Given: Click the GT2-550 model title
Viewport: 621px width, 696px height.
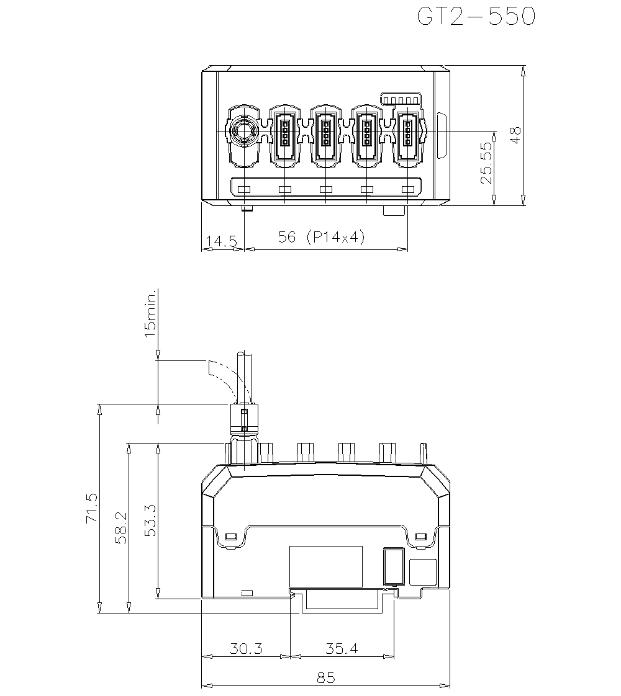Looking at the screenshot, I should click(476, 17).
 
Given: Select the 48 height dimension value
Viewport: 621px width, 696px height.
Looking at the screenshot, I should click(515, 135).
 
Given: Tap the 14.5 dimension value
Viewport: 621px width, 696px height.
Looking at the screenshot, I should click(220, 240).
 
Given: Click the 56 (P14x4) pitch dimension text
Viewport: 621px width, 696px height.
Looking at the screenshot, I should click(320, 238).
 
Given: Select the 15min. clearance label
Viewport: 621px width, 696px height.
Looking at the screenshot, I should click(149, 321).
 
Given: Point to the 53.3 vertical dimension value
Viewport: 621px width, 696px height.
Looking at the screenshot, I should click(150, 520).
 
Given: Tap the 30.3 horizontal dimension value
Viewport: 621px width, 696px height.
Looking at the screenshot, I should click(246, 649).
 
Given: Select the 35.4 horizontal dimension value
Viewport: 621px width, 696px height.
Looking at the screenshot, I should click(342, 649).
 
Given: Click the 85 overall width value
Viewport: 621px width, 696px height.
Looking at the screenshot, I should click(325, 678).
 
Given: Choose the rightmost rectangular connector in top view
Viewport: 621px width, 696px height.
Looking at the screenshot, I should click(408, 135).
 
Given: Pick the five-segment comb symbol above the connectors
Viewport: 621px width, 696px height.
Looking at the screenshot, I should click(401, 99).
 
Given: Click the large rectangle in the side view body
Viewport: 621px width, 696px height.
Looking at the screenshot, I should click(326, 566).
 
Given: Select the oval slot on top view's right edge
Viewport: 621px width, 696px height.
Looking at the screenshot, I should click(442, 135).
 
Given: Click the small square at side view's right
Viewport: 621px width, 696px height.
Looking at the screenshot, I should click(423, 571).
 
